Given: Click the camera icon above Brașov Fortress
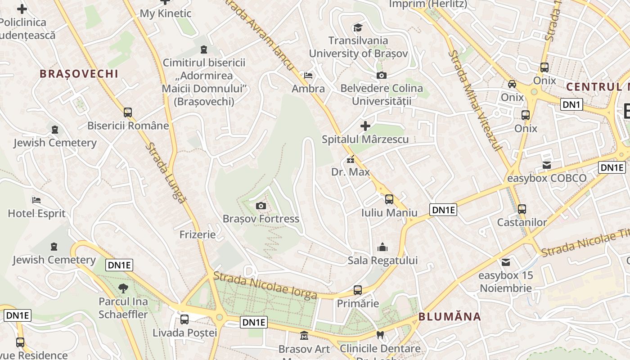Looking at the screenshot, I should point(261,206).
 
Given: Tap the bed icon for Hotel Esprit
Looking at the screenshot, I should point(36,200).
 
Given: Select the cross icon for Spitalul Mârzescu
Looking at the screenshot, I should point(365,126).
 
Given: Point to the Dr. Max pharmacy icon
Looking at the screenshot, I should point(351,159).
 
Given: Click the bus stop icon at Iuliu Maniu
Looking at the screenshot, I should point(389,199).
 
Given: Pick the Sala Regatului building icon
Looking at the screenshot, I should point(382,247).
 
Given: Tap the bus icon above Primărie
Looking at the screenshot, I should point(358,290).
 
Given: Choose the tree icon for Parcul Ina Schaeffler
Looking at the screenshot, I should point(123,288).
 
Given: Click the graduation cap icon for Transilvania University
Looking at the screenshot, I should point(358,27).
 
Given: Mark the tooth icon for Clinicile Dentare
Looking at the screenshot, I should point(380,335).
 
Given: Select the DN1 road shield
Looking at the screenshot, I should point(572,105).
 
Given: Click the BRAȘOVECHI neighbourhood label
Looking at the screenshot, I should point(79,74).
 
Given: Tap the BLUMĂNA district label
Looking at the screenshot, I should point(450,316).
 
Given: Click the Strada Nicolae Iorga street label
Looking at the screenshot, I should point(265,287).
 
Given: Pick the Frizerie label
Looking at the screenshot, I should point(198,234).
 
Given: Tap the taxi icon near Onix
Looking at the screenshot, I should point(512,84).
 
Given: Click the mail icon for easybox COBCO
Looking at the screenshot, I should point(547,165).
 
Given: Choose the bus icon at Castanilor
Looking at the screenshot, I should point(522,209).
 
